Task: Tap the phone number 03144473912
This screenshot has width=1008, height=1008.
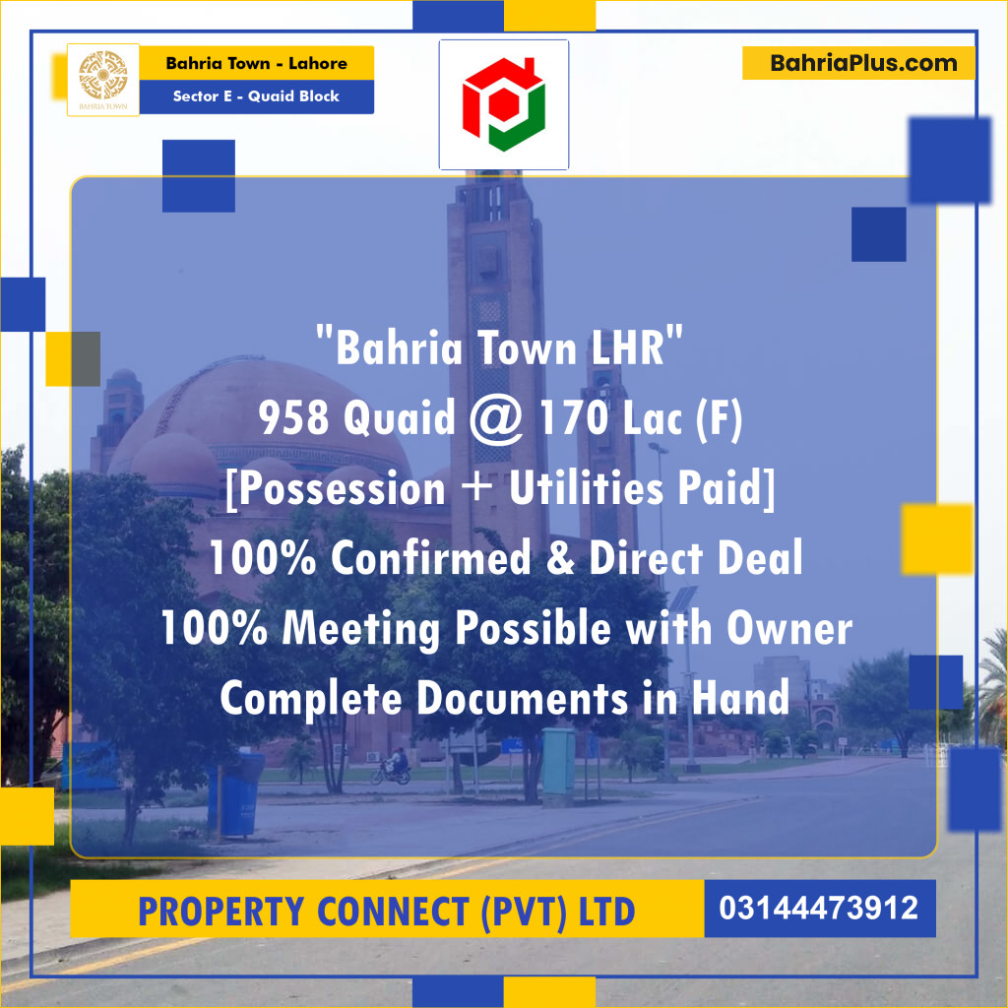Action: [x=819, y=908]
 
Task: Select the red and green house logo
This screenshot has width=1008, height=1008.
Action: [x=503, y=103]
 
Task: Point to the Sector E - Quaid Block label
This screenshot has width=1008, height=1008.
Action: [x=256, y=96]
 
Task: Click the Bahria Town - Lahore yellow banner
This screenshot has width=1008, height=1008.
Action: [x=256, y=64]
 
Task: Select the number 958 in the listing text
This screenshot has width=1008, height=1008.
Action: [x=293, y=420]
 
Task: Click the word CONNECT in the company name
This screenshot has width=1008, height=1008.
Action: [x=394, y=912]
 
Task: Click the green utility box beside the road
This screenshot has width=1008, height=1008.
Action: [x=558, y=760]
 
